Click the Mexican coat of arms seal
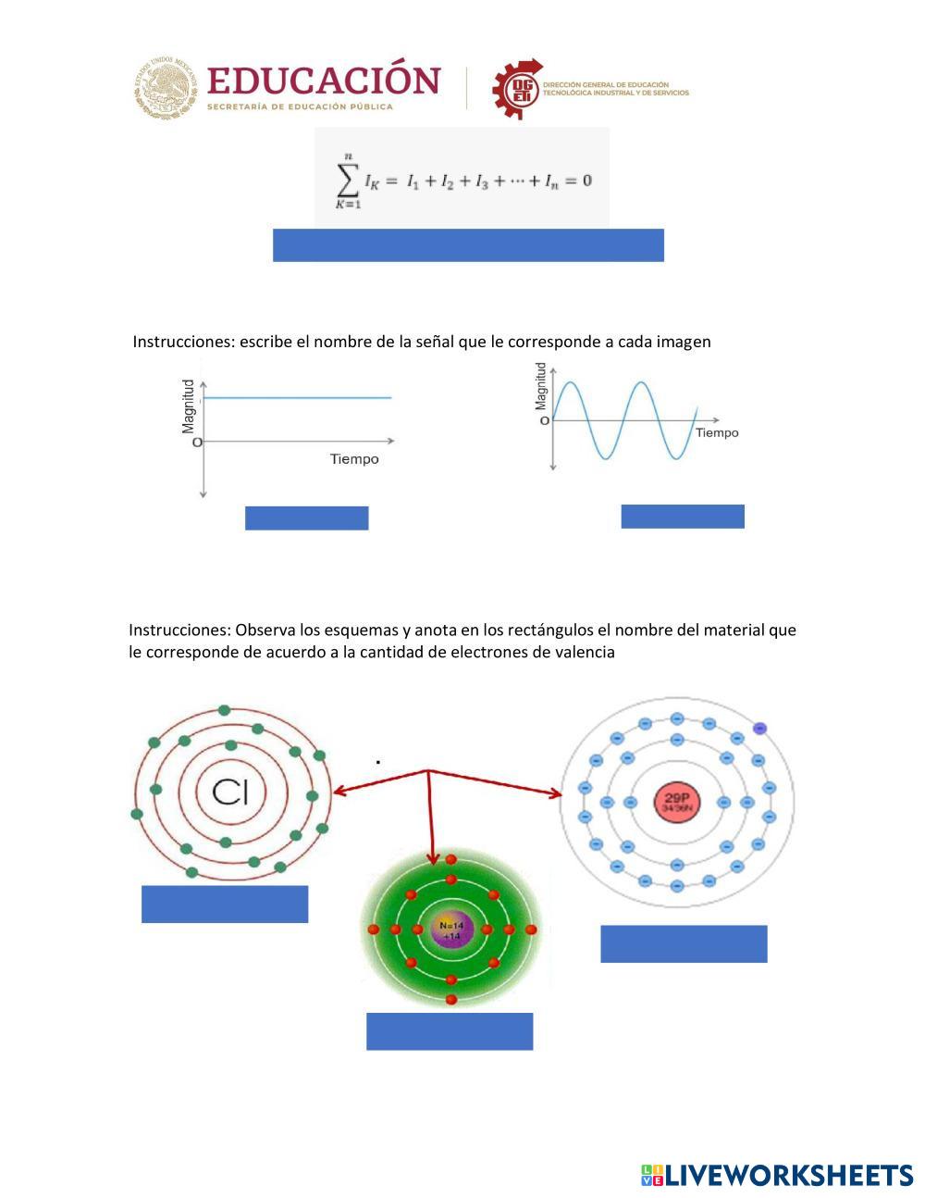[x=166, y=88]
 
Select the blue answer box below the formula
[x=468, y=245]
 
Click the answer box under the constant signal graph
[x=306, y=518]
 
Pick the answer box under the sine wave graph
[x=683, y=517]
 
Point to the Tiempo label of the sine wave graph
[x=717, y=432]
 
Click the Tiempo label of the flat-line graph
[x=354, y=459]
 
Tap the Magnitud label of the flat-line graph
[x=189, y=406]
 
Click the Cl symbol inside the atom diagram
[x=237, y=792]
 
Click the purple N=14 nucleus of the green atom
[x=451, y=930]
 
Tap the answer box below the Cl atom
[x=225, y=904]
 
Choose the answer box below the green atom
[x=450, y=1031]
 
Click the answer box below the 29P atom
[x=684, y=943]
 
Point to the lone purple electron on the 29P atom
[x=760, y=729]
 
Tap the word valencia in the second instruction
[x=584, y=652]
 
